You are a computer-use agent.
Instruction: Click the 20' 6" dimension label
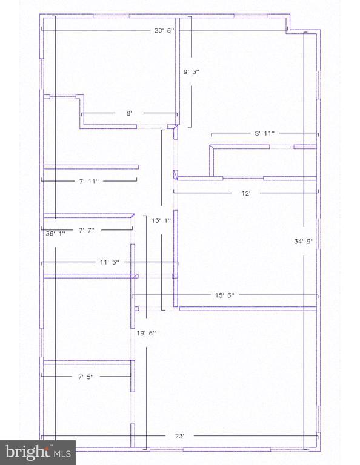[164, 30]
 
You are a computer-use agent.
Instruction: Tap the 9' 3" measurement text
[192, 72]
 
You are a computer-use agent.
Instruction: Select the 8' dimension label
[129, 113]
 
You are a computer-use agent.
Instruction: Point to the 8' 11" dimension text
[264, 133]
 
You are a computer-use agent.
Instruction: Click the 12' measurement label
[246, 193]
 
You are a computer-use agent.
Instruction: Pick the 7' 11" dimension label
[88, 181]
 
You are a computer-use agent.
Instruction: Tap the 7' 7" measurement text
[87, 230]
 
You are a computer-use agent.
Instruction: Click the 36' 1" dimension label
[56, 233]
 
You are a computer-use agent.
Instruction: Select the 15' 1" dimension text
[161, 220]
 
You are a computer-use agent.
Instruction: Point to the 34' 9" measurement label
[304, 242]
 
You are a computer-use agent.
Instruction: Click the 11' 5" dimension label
[110, 262]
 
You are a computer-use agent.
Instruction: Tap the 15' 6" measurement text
[225, 295]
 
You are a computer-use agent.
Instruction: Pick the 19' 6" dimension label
[146, 333]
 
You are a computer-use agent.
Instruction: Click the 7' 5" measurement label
[86, 377]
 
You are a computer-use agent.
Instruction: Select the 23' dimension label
[179, 436]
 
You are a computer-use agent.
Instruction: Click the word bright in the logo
[27, 452]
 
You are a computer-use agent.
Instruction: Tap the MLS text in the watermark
[62, 453]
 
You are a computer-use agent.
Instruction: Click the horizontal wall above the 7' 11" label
[91, 167]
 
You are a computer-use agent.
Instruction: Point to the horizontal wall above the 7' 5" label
[87, 362]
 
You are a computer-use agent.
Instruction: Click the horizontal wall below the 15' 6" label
[248, 309]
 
